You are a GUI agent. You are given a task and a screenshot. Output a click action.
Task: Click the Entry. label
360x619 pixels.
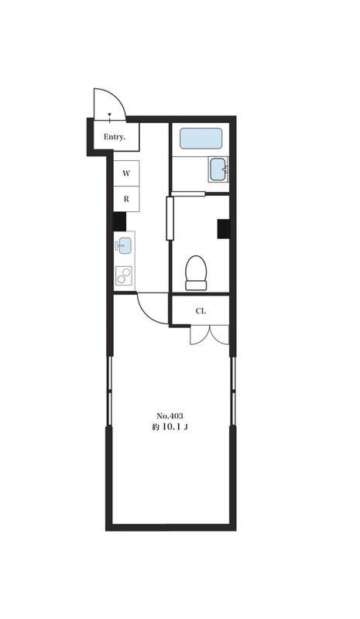pos(115,138)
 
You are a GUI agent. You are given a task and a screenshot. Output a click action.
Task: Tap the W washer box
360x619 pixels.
pos(126,173)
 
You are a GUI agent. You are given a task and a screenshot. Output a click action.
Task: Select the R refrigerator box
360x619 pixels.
pos(126,199)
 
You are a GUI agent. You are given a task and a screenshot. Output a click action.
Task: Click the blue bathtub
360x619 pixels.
pos(201,139)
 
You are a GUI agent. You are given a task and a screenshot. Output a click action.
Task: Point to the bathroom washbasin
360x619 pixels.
pos(218,169)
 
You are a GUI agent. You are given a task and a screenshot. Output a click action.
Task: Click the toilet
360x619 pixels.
pos(196,273)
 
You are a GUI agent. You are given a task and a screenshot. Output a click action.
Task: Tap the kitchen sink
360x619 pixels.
pos(125,245)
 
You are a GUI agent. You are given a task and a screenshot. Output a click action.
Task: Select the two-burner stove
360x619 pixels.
pos(124,275)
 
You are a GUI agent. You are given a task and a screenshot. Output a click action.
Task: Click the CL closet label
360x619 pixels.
pos(201,311)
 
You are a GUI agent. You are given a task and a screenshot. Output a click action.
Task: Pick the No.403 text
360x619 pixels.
pos(170,416)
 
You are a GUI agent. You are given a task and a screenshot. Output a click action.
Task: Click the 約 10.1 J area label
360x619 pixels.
pos(170,427)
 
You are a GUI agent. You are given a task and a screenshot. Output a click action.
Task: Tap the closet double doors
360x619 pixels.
pos(210,335)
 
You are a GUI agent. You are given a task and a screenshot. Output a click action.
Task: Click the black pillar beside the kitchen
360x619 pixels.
pos(119,221)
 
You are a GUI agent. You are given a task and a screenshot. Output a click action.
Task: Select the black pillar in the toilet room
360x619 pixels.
pos(223,228)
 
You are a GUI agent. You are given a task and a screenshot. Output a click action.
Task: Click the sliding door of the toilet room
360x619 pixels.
pos(170,218)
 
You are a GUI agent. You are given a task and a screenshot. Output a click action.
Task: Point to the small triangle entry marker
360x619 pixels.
pos(109,115)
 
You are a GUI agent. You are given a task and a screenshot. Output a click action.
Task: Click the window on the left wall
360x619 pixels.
pos(109,391)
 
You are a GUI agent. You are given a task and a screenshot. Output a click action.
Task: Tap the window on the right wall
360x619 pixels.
pos(233,391)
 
